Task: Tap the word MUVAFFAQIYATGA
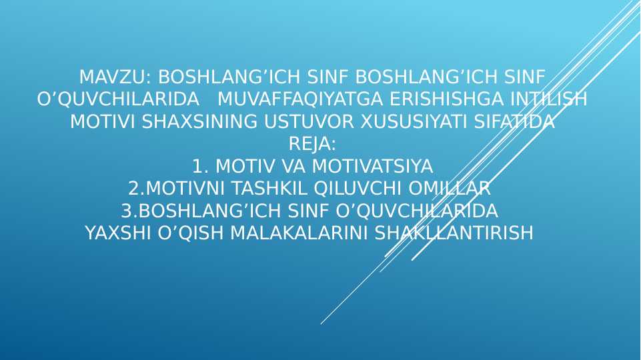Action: (300, 99)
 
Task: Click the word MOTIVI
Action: (102, 122)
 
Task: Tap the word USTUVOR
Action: (309, 122)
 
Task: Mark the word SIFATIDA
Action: (514, 122)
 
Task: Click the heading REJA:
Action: (312, 144)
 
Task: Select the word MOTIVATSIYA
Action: (372, 166)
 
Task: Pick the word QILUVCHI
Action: (358, 189)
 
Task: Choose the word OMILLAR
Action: (450, 189)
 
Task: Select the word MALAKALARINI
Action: (299, 233)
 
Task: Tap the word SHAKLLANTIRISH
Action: (454, 233)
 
